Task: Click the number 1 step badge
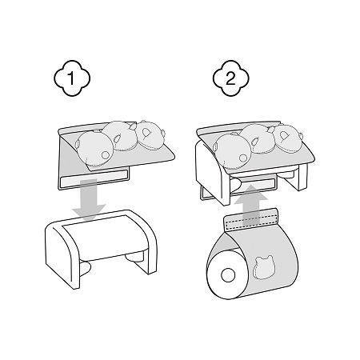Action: (72, 78)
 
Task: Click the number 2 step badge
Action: (231, 78)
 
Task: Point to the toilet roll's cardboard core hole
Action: (228, 275)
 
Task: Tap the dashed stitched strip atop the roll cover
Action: (250, 218)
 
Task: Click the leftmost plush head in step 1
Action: (94, 149)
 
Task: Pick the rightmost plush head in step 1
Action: (150, 134)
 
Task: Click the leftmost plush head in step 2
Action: (232, 151)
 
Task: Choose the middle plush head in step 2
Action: (258, 138)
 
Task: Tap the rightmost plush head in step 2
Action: (287, 138)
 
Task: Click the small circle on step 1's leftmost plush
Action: (106, 155)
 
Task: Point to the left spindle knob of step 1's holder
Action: (86, 269)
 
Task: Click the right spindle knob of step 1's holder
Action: (133, 256)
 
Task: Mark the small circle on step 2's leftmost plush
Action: (242, 158)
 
